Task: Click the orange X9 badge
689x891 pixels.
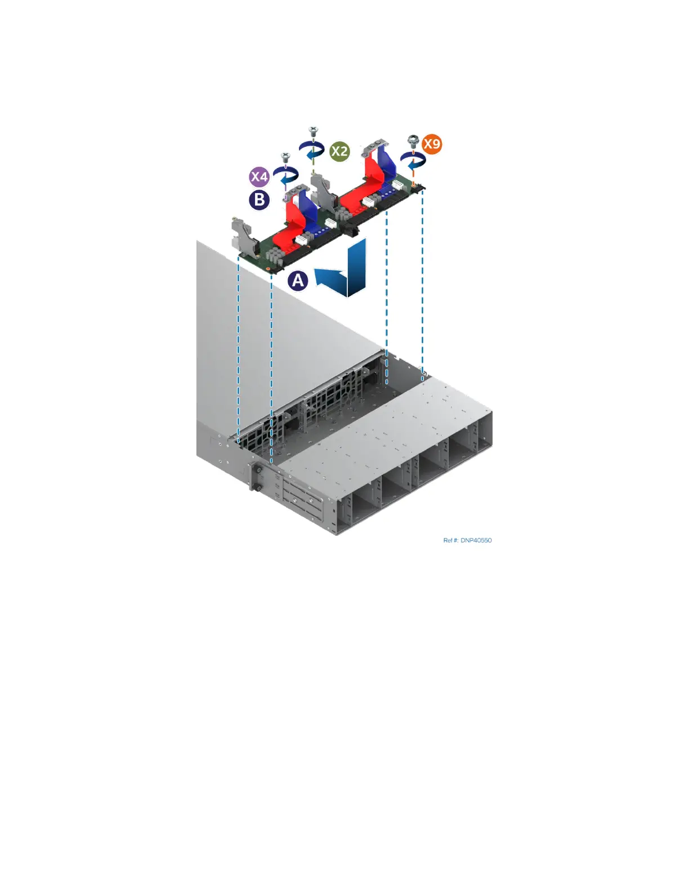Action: point(432,144)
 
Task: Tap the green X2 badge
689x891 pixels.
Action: point(339,151)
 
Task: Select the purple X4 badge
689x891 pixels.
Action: point(259,177)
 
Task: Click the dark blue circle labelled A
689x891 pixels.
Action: point(298,280)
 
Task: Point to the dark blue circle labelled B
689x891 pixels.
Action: point(259,200)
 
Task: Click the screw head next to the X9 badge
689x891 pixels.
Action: point(413,139)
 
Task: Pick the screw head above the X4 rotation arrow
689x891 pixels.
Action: point(285,155)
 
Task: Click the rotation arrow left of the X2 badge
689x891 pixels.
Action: point(311,150)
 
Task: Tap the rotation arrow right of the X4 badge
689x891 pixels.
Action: point(285,174)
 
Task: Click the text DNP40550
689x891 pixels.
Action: point(476,541)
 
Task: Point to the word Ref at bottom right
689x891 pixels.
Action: point(449,541)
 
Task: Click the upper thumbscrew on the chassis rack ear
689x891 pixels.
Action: point(257,469)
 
